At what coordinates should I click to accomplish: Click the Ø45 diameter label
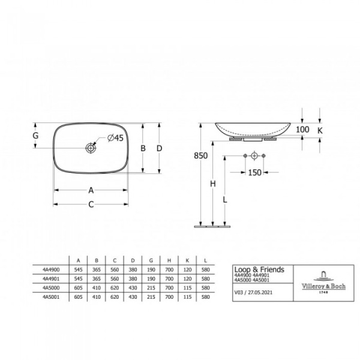[x=115, y=138]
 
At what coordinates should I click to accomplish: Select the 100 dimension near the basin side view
[x=302, y=130]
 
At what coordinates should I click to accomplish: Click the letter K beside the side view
[x=320, y=130]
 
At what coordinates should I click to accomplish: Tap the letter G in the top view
[x=36, y=136]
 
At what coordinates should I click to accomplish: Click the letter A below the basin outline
[x=91, y=190]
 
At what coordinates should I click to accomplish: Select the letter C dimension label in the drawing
[x=91, y=205]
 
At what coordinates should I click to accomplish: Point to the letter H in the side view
[x=212, y=184]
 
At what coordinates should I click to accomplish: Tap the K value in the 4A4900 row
[x=188, y=270]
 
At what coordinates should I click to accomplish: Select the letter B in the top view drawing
[x=143, y=148]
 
